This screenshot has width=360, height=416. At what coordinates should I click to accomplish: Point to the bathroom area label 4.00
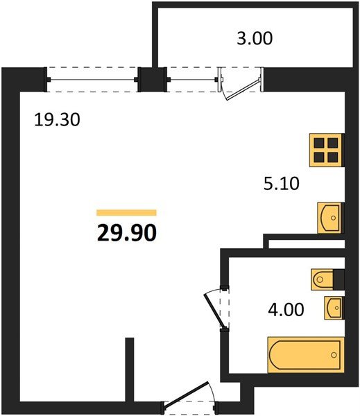click(x=286, y=309)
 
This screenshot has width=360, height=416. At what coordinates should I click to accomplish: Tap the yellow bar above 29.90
click(x=126, y=213)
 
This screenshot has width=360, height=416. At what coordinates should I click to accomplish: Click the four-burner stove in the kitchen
click(x=326, y=149)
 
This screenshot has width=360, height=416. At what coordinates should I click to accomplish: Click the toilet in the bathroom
click(x=327, y=279)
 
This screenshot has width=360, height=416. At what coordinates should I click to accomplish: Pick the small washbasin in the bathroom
click(x=334, y=307)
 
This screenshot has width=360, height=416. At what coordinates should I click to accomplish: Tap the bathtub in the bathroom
click(x=305, y=354)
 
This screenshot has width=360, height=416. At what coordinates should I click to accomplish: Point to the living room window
click(x=92, y=79)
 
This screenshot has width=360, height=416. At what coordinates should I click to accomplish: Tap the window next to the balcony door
click(x=191, y=79)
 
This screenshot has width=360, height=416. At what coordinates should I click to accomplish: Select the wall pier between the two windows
click(x=149, y=79)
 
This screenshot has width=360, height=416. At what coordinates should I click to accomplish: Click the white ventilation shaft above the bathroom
click(x=306, y=244)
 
